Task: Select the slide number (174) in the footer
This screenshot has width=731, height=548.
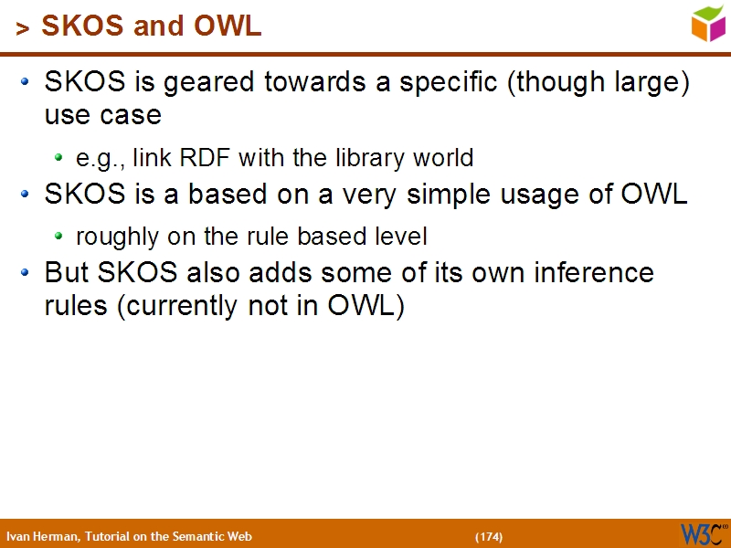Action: pyautogui.click(x=489, y=536)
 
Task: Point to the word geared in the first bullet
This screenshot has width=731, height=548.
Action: pyautogui.click(x=215, y=83)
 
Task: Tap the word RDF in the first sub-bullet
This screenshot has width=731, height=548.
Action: pyautogui.click(x=206, y=158)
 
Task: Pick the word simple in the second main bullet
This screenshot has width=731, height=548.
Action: pyautogui.click(x=447, y=195)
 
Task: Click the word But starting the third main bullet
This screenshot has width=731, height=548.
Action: pyautogui.click(x=67, y=273)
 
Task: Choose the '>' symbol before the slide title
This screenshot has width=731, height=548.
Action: pyautogui.click(x=23, y=29)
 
